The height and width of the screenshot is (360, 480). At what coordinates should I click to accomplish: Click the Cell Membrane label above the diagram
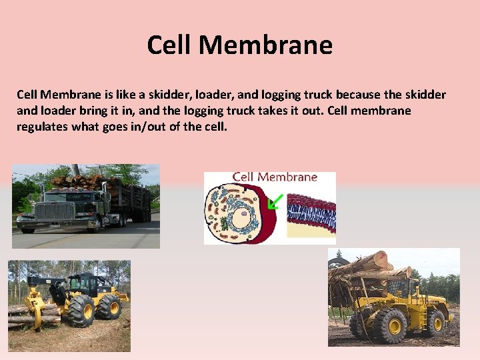point(275,177)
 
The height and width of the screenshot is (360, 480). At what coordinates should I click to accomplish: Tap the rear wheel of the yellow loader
point(436,321)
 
